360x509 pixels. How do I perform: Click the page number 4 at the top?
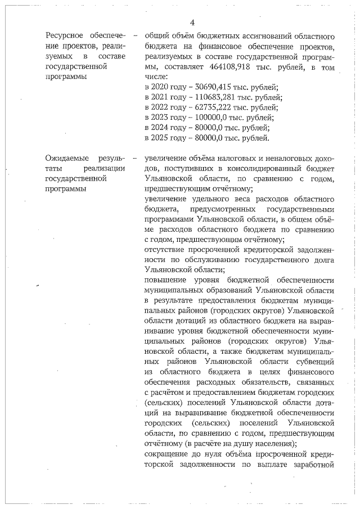tap(192, 22)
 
